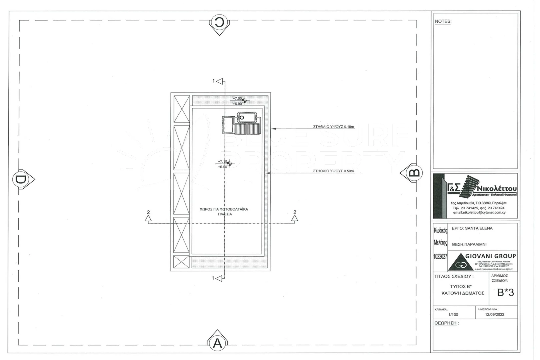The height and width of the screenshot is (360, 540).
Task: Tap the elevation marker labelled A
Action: tap(217, 343)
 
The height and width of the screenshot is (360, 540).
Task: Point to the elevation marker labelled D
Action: tap(21, 179)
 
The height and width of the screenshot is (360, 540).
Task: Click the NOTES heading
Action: tap(443, 21)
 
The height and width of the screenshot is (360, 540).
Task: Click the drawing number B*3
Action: tap(505, 292)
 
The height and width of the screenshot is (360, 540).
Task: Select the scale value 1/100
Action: tap(453, 314)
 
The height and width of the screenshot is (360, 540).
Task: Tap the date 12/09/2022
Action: tap(494, 314)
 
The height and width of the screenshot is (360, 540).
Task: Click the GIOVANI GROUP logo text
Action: tap(490, 256)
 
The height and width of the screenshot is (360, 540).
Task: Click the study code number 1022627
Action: tap(440, 257)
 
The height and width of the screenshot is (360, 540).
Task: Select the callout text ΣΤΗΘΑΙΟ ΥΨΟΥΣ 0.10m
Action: tap(333, 127)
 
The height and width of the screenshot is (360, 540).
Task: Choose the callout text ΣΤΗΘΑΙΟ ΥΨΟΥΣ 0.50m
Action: tap(333, 171)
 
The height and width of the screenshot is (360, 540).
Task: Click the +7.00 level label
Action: tap(237, 99)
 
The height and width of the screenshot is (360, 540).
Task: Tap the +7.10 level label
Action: tap(222, 162)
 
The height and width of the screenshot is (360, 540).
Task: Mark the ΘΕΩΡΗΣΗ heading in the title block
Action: tap(446, 323)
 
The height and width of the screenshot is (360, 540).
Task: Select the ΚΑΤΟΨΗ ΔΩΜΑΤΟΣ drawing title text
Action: tap(463, 293)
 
